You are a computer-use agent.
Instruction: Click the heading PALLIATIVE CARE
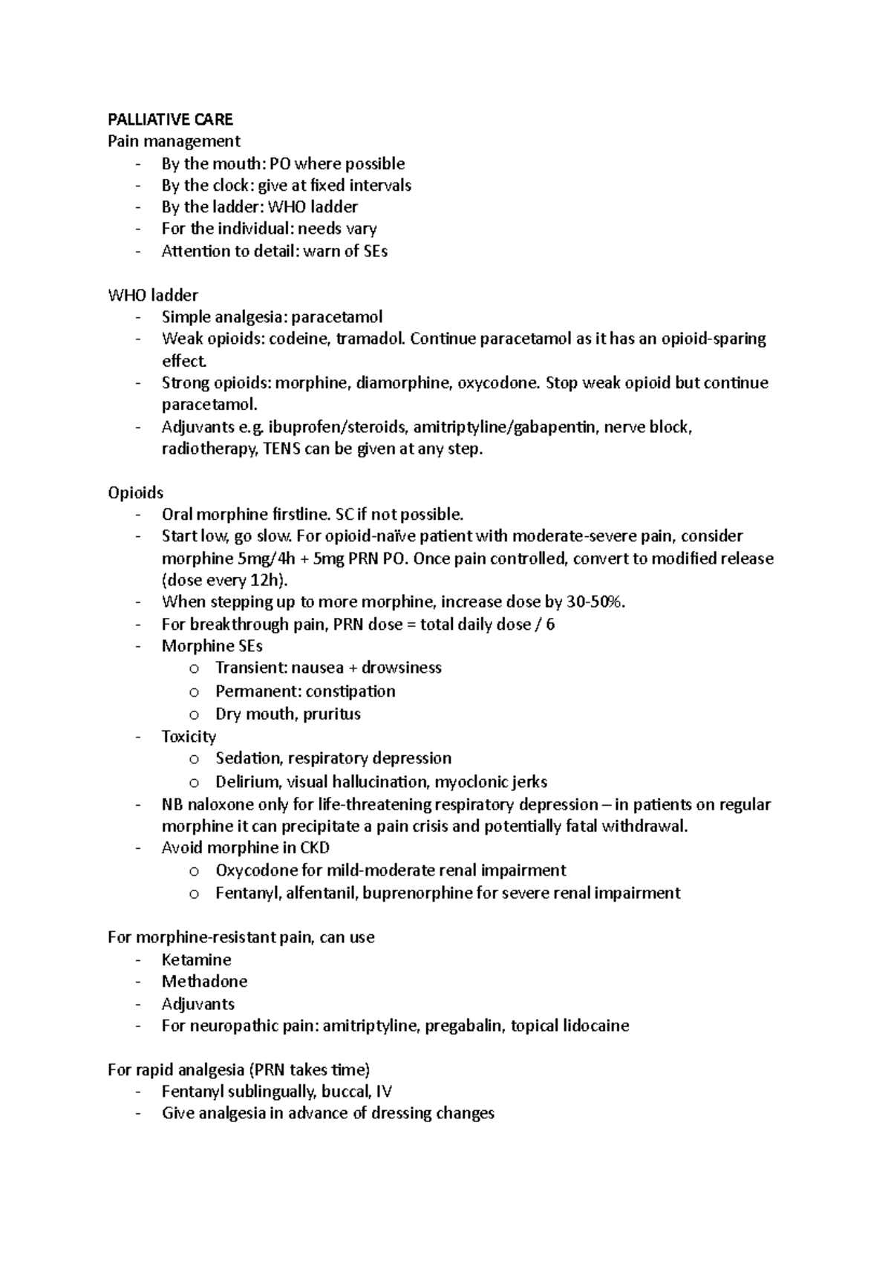pyautogui.click(x=170, y=120)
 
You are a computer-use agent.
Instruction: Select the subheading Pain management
pyautogui.click(x=174, y=141)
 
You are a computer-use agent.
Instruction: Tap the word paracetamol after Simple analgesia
pyautogui.click(x=336, y=317)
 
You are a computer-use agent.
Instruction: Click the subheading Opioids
pyautogui.click(x=135, y=493)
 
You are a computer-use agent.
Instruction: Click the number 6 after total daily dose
pyautogui.click(x=550, y=625)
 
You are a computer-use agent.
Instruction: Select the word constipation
pyautogui.click(x=350, y=691)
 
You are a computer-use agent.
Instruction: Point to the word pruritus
pyautogui.click(x=332, y=714)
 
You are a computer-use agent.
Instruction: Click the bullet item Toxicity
pyautogui.click(x=189, y=737)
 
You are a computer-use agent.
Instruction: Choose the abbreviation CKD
pyautogui.click(x=313, y=848)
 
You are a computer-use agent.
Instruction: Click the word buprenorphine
pyautogui.click(x=418, y=893)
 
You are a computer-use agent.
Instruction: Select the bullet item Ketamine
pyautogui.click(x=196, y=960)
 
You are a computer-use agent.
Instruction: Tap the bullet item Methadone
pyautogui.click(x=204, y=982)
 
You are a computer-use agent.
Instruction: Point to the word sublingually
pyautogui.click(x=273, y=1092)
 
